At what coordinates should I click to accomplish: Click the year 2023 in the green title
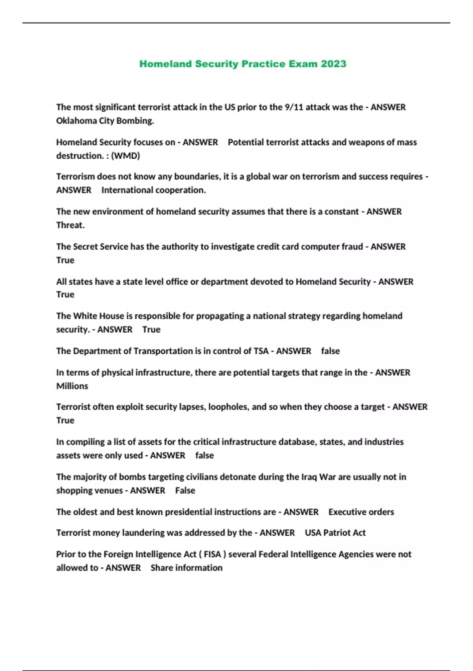(x=333, y=64)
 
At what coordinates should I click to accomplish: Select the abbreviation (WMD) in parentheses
(x=125, y=156)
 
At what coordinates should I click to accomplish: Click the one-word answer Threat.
(x=70, y=225)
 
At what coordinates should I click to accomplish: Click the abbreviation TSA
(x=261, y=351)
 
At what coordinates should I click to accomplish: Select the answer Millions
(x=72, y=386)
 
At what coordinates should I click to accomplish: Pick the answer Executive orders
(x=361, y=512)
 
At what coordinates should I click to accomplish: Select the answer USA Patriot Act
(x=335, y=533)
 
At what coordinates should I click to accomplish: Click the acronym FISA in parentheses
(x=212, y=555)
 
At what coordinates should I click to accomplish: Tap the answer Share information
(x=186, y=568)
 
